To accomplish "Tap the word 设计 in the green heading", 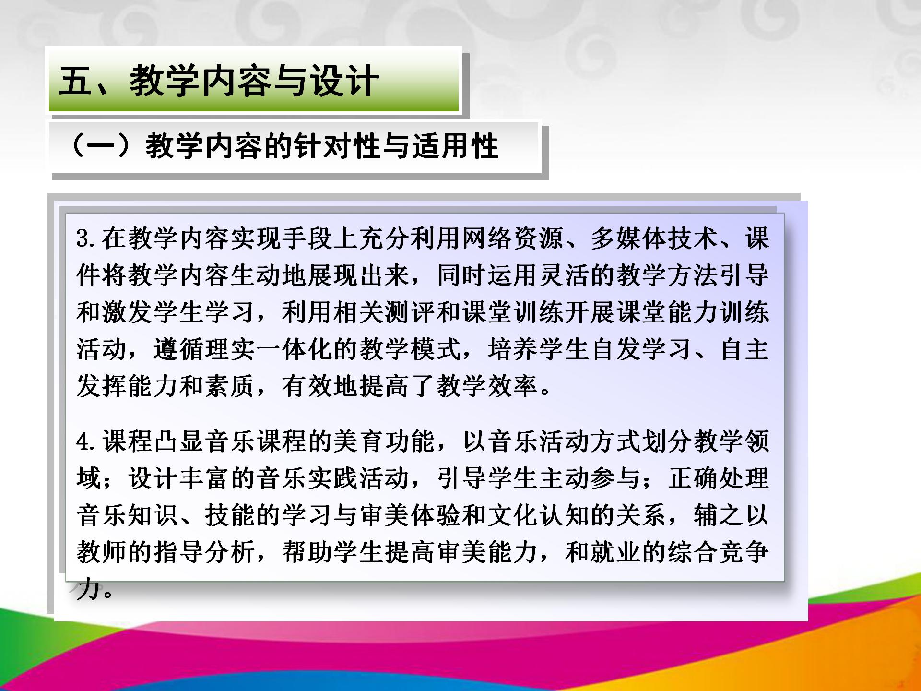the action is [344, 80].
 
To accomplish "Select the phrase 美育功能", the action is [385, 441].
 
